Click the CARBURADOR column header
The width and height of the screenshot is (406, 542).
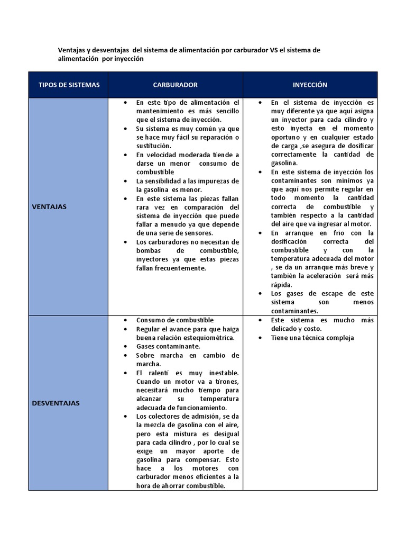176,85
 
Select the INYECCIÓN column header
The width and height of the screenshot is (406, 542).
310,85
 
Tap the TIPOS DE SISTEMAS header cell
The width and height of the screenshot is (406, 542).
69,85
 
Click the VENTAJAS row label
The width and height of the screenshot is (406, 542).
49,206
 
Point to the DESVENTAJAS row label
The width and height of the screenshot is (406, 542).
55,403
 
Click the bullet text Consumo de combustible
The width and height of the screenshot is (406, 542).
175,320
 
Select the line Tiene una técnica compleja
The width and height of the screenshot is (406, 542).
312,338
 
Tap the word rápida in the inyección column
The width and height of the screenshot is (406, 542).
281,284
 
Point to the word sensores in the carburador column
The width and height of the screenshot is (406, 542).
197,233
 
